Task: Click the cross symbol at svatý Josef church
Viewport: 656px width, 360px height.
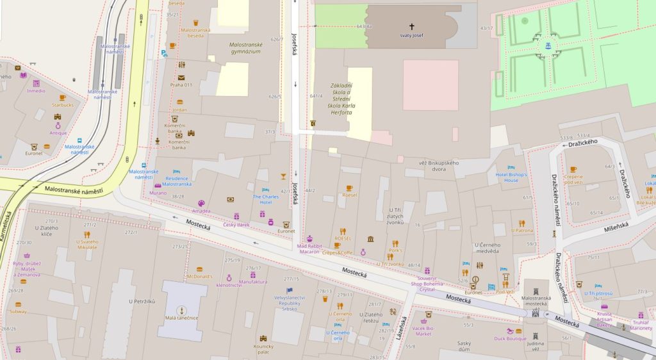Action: tap(411, 27)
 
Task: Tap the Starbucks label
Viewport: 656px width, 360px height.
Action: tap(63, 105)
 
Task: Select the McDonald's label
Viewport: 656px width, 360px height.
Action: tap(199, 276)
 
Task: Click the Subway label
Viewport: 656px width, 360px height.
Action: tap(18, 311)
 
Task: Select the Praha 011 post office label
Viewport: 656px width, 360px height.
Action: tap(181, 85)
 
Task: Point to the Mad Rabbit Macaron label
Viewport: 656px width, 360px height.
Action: tap(309, 249)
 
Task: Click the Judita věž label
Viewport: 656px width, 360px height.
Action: tap(535, 345)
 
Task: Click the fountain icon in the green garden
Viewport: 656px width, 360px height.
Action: tap(548, 45)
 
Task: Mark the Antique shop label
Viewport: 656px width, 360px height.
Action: tap(58, 133)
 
